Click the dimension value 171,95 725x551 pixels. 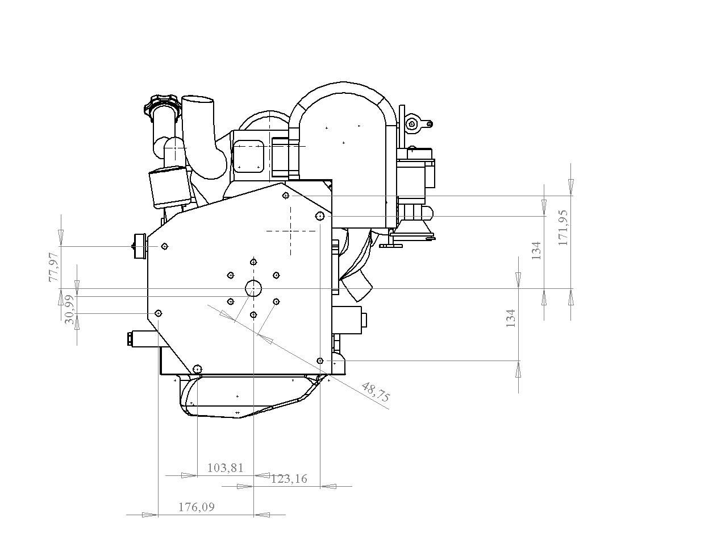563,227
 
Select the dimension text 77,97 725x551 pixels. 54,267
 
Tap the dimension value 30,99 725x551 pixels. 70,309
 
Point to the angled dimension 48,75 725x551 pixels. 376,392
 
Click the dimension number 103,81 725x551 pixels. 225,468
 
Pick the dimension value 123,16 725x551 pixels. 289,479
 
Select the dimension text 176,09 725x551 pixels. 197,507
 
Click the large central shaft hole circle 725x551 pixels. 253,288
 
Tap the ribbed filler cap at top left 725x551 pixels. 163,104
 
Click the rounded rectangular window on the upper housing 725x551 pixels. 249,157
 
